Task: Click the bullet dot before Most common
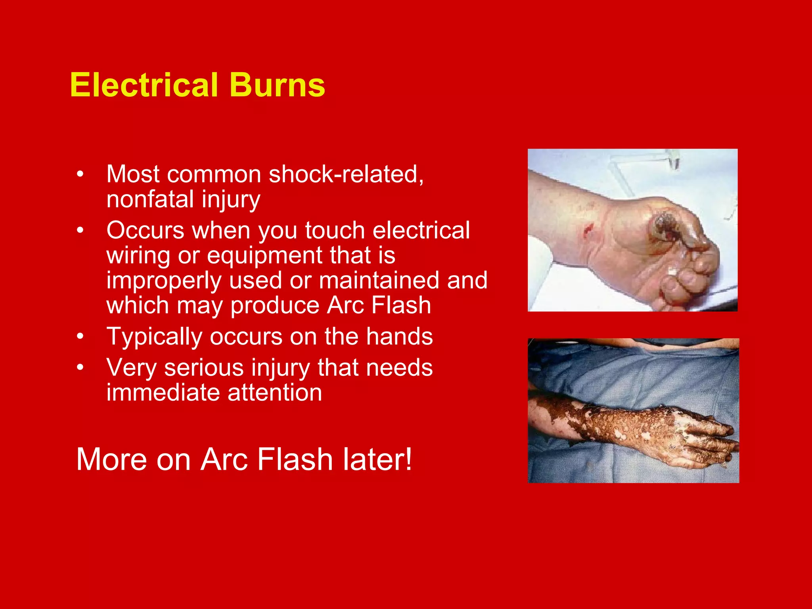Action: tap(80, 174)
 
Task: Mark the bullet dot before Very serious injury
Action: tap(80, 368)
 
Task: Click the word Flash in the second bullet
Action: tap(401, 305)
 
